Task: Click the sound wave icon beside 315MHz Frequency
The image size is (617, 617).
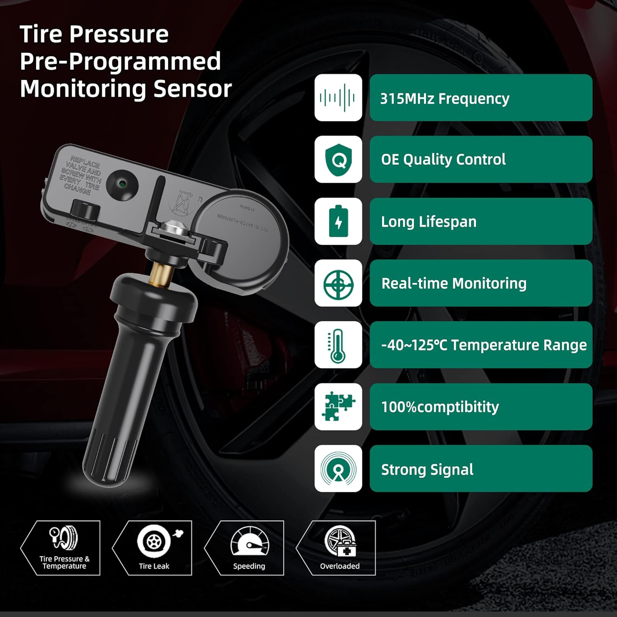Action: click(x=338, y=97)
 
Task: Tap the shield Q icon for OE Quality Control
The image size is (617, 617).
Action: click(x=338, y=160)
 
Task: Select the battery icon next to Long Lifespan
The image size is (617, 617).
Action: click(x=338, y=221)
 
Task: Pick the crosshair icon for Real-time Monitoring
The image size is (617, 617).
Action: click(x=338, y=283)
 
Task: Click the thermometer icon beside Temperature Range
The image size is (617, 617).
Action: click(x=338, y=345)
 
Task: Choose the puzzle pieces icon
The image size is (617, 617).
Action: click(x=338, y=407)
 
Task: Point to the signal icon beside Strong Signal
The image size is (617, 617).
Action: click(x=338, y=469)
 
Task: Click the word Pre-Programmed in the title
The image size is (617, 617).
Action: click(x=120, y=61)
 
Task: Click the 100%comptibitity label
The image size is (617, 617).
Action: click(x=440, y=407)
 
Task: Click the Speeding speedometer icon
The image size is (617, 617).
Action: click(x=249, y=542)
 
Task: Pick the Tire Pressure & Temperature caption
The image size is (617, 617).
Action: click(x=64, y=562)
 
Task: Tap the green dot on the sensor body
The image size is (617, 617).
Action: click(x=122, y=183)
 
